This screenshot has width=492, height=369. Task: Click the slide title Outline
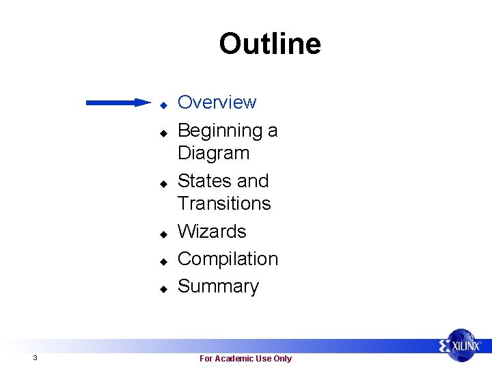[269, 44]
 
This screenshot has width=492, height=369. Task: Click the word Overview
[217, 102]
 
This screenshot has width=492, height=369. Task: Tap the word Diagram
[213, 153]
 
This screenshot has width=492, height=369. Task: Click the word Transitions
[224, 204]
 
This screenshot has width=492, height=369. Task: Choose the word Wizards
[212, 232]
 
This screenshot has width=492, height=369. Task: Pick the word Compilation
[228, 259]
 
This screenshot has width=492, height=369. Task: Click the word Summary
[218, 286]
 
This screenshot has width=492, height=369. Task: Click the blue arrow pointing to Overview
[118, 103]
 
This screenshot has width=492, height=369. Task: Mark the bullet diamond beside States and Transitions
[164, 184]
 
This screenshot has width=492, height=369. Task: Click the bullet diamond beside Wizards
[164, 234]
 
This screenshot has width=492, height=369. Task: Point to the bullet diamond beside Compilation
[164, 262]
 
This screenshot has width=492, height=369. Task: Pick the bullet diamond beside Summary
[164, 289]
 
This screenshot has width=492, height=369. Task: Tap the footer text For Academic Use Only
[245, 359]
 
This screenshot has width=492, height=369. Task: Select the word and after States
[253, 181]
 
